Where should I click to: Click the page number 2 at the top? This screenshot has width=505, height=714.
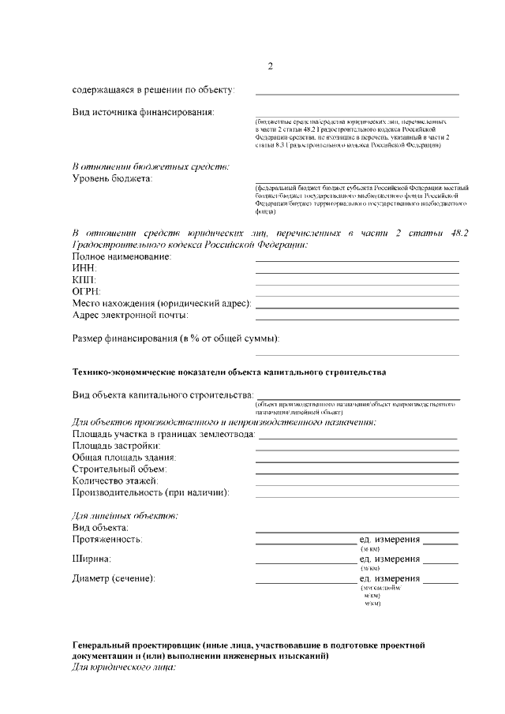[x=271, y=65]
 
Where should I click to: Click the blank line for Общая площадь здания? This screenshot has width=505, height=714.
[x=357, y=459]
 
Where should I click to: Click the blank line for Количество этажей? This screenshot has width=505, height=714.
[x=357, y=483]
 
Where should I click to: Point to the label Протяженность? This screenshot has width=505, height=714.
[x=107, y=539]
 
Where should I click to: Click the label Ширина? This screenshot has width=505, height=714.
[x=92, y=559]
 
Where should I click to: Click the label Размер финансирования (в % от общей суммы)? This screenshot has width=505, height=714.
[x=175, y=338]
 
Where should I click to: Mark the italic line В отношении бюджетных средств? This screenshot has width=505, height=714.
[x=151, y=166]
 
